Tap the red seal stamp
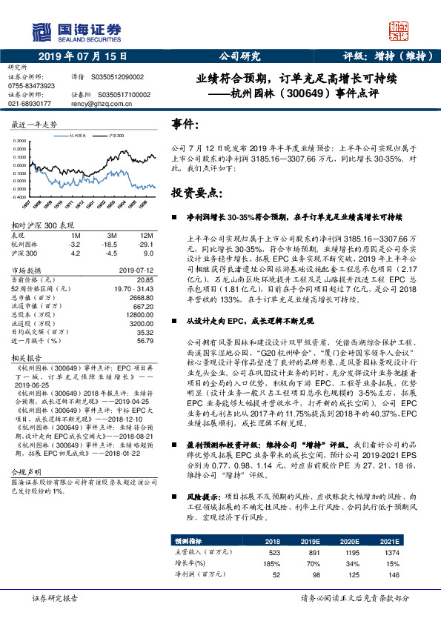coord(398,32)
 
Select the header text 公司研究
coord(241,56)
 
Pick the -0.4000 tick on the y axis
coord(24,197)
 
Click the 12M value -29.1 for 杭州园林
coord(145,244)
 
